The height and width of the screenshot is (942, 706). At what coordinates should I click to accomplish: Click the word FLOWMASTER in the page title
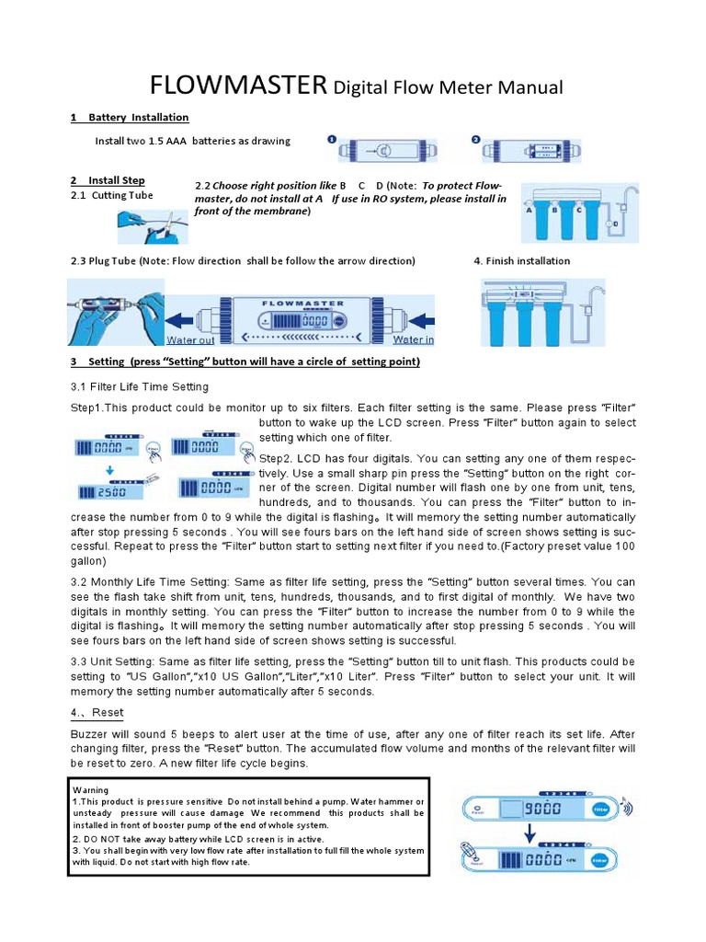click(238, 86)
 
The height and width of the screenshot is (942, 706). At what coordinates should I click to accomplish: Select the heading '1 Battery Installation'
click(130, 118)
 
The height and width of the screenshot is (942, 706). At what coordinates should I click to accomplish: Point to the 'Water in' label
click(414, 339)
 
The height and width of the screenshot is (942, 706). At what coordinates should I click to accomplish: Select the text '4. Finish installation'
click(521, 261)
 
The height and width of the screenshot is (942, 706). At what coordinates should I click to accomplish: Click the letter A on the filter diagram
click(529, 210)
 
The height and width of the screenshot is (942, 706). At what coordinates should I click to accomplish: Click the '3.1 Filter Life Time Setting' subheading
click(140, 386)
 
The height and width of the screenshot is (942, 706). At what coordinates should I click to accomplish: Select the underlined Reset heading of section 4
click(97, 713)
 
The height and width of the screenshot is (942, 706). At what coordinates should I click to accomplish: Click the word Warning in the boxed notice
click(90, 789)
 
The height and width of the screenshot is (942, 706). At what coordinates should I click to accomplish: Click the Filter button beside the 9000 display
click(600, 810)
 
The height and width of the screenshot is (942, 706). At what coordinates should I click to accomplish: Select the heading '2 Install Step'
click(108, 180)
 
